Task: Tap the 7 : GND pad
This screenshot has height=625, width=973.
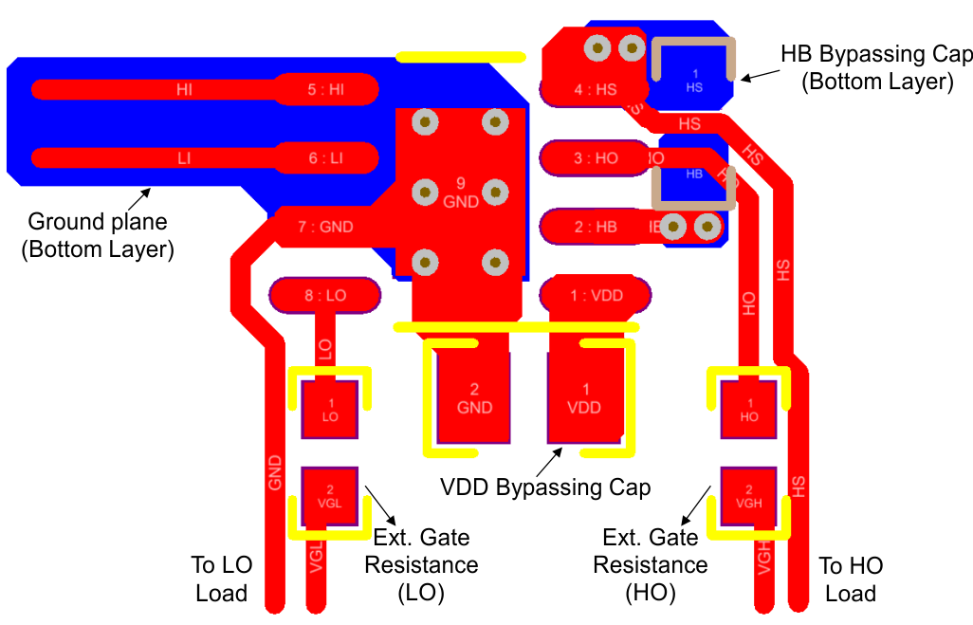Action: [x=325, y=227]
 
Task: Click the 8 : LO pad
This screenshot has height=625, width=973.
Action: [x=325, y=295]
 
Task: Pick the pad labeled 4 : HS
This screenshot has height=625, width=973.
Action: [x=595, y=90]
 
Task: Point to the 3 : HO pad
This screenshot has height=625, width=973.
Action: [x=595, y=158]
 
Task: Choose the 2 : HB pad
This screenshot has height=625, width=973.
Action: [x=595, y=227]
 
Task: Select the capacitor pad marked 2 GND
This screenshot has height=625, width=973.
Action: [x=474, y=397]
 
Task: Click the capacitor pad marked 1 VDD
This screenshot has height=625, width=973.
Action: [x=585, y=397]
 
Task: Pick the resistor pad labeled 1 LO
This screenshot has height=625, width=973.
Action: [x=329, y=409]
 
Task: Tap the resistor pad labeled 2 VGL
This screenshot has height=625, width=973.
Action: [x=329, y=496]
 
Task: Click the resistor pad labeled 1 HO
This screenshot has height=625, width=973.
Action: [x=748, y=409]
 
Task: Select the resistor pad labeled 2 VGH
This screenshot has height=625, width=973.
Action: [x=748, y=496]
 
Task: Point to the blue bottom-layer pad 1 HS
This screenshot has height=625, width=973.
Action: [x=694, y=80]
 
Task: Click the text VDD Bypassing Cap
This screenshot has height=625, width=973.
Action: [x=545, y=487]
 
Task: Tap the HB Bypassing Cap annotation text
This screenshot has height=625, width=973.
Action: [x=876, y=66]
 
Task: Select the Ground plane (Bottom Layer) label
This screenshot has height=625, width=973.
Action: [x=98, y=236]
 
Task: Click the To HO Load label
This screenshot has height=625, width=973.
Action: [x=851, y=579]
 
